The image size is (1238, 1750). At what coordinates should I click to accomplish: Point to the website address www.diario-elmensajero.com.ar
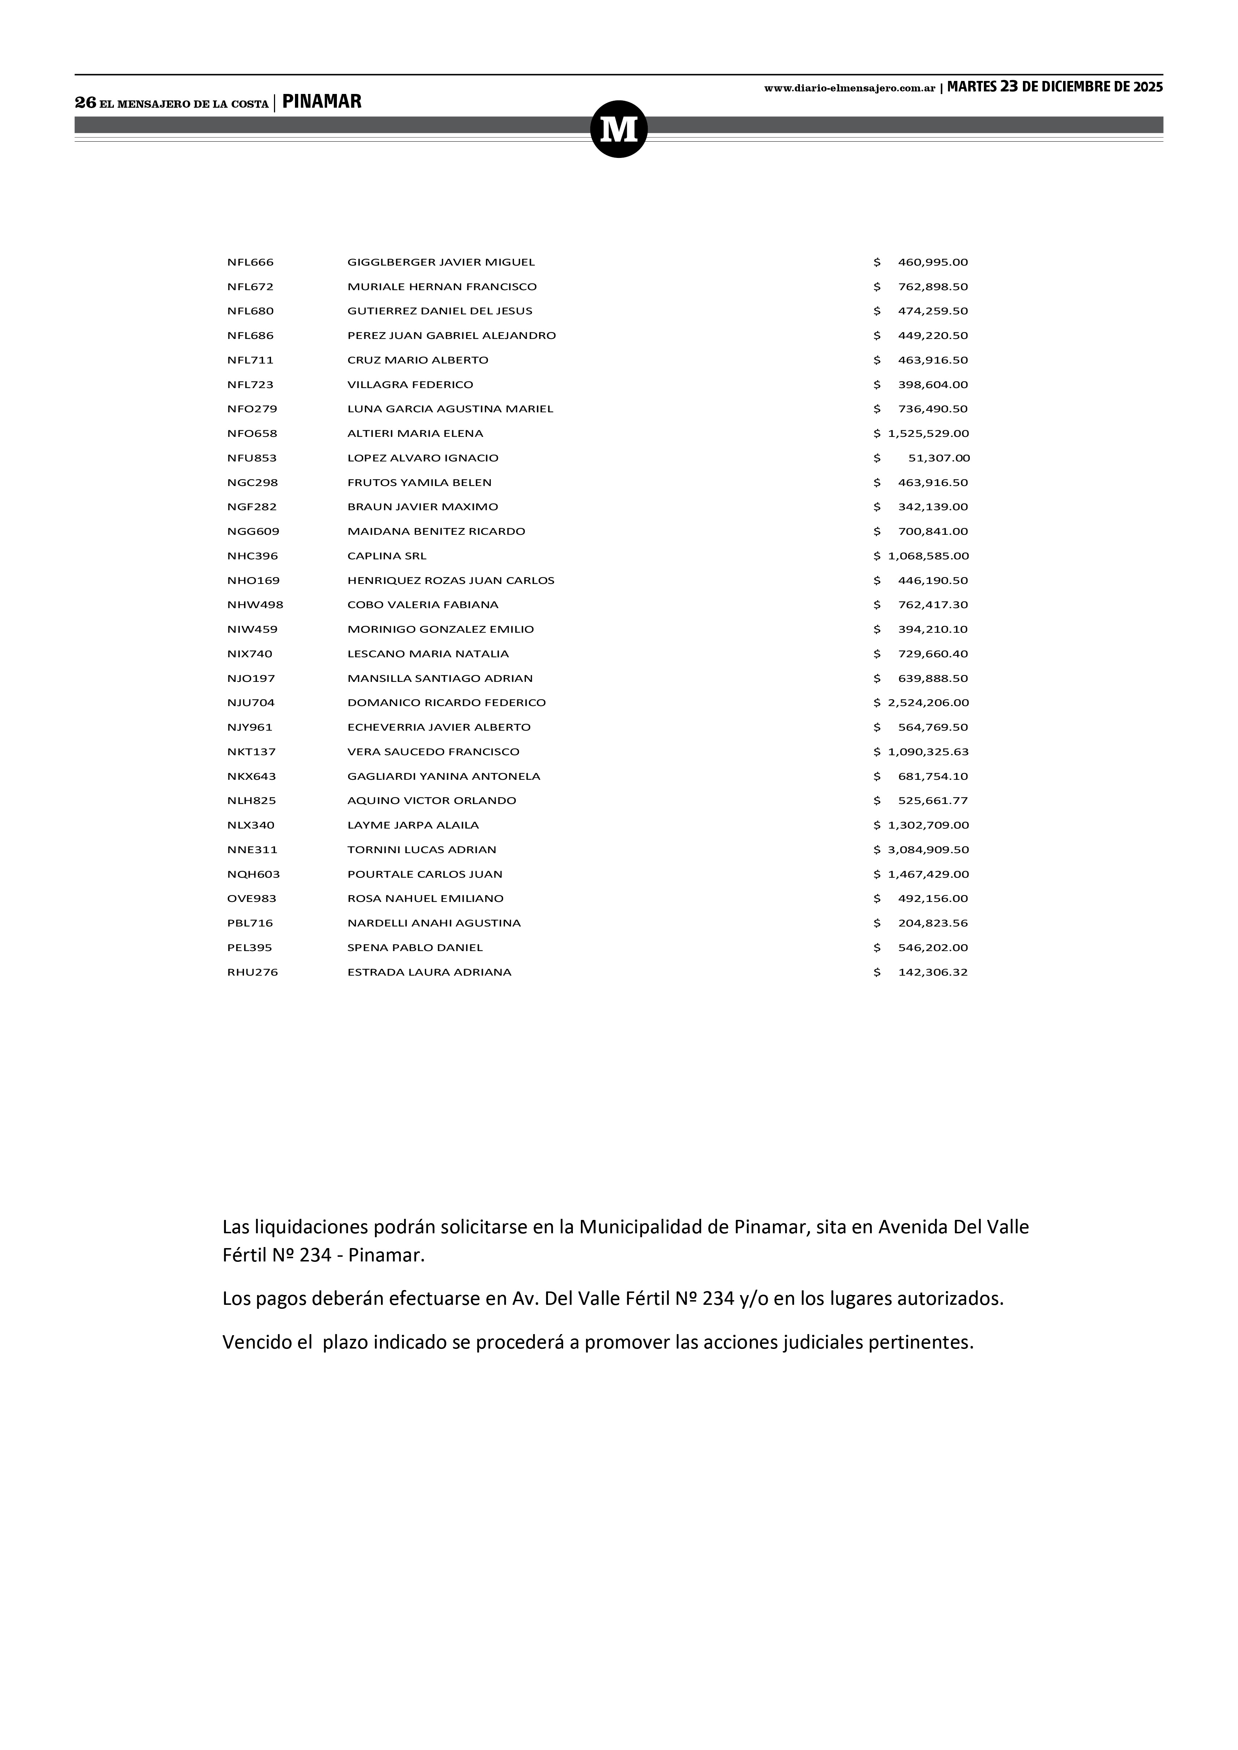[849, 89]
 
